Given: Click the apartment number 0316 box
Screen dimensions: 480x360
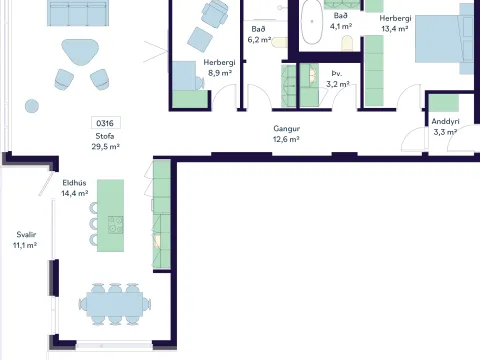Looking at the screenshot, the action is coord(106,123).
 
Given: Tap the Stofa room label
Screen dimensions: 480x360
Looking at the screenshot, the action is coord(105,136).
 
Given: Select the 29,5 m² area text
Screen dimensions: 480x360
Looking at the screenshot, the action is coord(106,146).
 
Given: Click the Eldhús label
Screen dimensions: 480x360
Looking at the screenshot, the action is coord(74,183).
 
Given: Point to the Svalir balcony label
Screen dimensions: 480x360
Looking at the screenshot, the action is coord(26,235).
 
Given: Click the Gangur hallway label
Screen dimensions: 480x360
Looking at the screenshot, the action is coord(286,129).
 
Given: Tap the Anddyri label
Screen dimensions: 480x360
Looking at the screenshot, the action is coord(445,122).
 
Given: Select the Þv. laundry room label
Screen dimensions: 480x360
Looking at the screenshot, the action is coord(337,74).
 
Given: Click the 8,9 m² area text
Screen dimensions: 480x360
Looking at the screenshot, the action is coord(220,73).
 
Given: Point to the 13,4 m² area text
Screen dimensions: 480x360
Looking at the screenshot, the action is coord(395,29).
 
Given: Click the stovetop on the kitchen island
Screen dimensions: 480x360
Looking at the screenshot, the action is coord(116,225).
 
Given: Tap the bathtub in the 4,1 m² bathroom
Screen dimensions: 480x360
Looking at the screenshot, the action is coord(312,22).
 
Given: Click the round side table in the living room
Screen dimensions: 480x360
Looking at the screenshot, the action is coord(32,106).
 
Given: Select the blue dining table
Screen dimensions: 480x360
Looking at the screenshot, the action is coord(115,304).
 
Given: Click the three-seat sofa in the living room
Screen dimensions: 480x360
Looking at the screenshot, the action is coord(78,13).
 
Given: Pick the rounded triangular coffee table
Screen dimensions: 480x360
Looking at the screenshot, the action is coord(80,52).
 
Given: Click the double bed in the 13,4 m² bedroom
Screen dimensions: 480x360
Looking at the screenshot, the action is coord(444,38).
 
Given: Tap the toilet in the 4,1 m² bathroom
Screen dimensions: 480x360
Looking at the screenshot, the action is coord(347,43).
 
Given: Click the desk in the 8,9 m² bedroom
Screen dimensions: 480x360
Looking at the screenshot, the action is coord(184,76).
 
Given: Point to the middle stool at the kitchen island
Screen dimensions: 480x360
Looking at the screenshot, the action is coord(94,224).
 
